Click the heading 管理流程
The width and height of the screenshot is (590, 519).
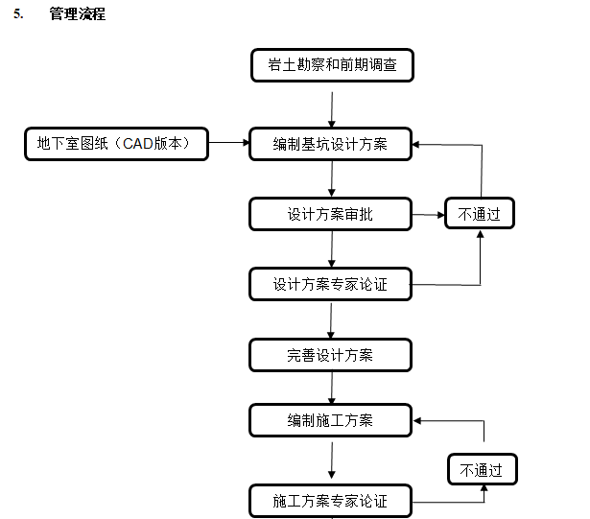(x=78, y=14)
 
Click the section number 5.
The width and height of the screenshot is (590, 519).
(x=17, y=14)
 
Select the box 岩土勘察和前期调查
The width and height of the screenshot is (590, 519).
(x=332, y=65)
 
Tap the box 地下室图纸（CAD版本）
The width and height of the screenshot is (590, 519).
(x=116, y=144)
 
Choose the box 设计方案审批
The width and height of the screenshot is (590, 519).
(x=331, y=215)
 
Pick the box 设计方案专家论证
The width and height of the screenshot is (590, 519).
(x=331, y=284)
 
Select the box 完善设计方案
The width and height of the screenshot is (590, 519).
(x=331, y=355)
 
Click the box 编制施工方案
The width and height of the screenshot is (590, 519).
(x=331, y=420)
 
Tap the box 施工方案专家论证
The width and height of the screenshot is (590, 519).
(x=331, y=501)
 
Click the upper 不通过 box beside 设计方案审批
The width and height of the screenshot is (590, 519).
(x=480, y=214)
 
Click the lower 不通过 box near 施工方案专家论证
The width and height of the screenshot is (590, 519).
(x=483, y=470)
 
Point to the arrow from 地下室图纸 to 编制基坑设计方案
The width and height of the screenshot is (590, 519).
(x=228, y=143)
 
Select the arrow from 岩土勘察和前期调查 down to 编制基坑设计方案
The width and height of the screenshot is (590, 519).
(x=332, y=109)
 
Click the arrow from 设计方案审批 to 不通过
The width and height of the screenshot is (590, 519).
(x=428, y=215)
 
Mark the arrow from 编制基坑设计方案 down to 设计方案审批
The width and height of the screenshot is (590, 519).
(x=332, y=179)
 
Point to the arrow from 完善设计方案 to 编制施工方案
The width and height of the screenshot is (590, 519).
(x=332, y=388)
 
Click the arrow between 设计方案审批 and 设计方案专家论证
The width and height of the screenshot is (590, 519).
(x=332, y=249)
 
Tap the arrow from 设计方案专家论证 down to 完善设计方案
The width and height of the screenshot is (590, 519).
(x=332, y=319)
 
